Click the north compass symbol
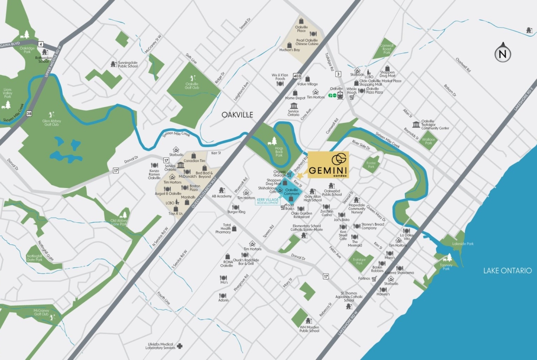(503, 54)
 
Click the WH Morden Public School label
(309, 329)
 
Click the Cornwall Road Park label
(386, 49)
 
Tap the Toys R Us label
(176, 214)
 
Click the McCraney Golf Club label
(41, 312)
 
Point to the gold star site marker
(300, 176)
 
